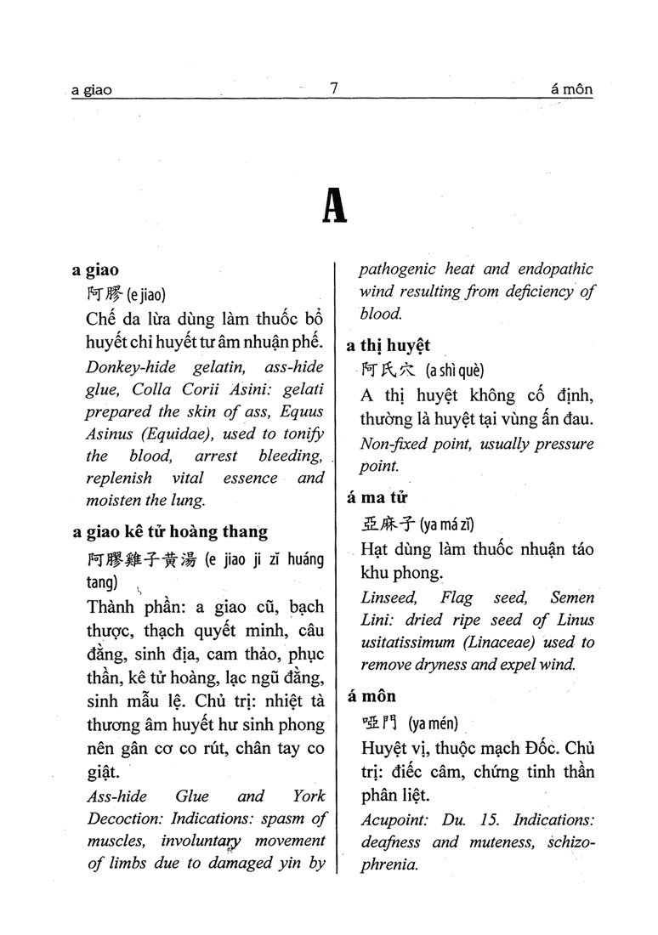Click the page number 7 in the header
[x=334, y=88]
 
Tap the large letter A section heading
[x=335, y=205]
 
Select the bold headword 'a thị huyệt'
[x=389, y=345]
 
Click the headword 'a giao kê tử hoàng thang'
[x=170, y=532]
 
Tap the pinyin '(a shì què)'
[x=454, y=371]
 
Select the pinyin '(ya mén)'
[x=433, y=723]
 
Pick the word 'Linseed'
[x=387, y=598]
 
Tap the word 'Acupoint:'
[x=393, y=820]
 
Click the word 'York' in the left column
[x=309, y=796]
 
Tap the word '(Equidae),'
[x=171, y=433]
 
